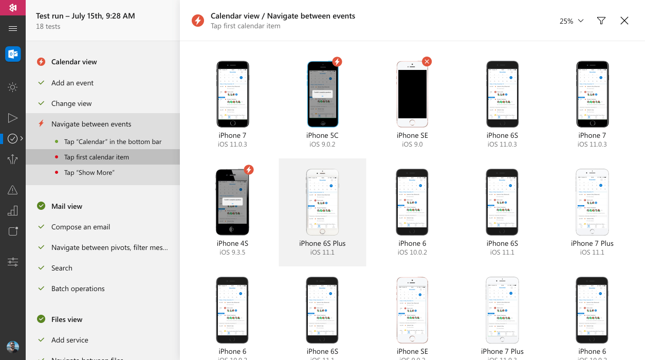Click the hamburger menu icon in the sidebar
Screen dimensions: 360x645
(13, 29)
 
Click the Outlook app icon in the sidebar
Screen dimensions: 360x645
(13, 54)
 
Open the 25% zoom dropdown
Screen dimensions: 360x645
(572, 21)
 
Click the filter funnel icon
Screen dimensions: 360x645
(601, 21)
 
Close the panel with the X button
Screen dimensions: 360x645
(624, 21)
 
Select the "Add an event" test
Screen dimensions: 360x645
(72, 83)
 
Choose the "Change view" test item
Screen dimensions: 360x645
(71, 103)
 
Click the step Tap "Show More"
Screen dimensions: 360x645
(89, 172)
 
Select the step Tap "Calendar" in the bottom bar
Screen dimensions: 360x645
(113, 141)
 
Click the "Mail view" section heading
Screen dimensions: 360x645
(67, 206)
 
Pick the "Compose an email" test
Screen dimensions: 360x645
(81, 227)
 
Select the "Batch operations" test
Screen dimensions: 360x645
(78, 289)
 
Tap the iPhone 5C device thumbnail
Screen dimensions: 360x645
(322, 94)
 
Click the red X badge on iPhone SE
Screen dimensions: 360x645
(427, 62)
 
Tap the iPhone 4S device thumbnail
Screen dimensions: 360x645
(232, 202)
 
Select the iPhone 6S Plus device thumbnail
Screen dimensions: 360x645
(322, 202)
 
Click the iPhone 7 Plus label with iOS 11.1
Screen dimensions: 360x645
(592, 243)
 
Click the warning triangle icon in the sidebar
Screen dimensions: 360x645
(13, 190)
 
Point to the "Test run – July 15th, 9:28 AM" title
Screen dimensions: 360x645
(85, 16)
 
